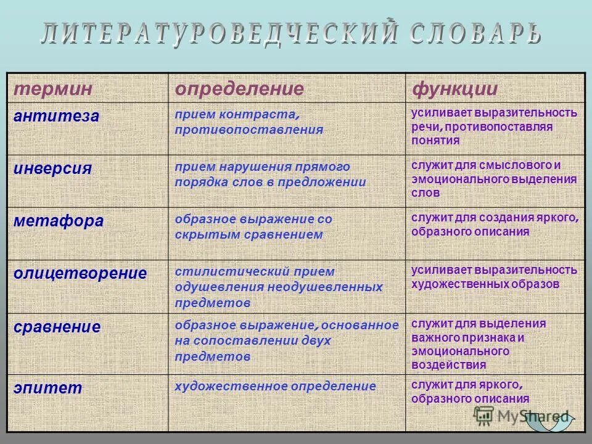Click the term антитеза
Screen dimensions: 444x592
[x=57, y=116]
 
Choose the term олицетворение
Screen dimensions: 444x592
[x=80, y=273]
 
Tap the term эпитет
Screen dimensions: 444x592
[x=47, y=387]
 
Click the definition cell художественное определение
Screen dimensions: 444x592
[x=275, y=387]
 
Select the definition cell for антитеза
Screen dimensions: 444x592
[x=249, y=122]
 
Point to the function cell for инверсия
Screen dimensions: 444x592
[x=494, y=179]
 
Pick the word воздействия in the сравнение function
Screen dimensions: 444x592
[x=449, y=364]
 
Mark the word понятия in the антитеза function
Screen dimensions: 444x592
[x=436, y=140]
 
